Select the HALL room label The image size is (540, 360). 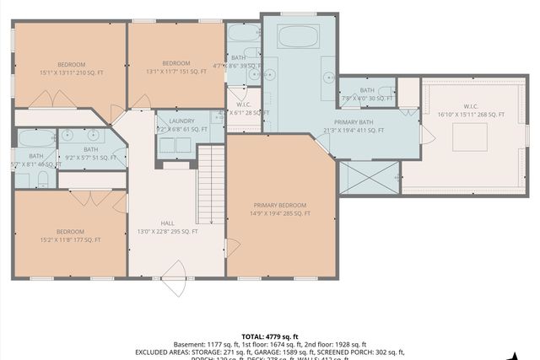click(167, 223)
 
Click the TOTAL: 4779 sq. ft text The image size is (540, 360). click(270, 336)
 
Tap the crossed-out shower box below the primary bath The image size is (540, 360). click(369, 178)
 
